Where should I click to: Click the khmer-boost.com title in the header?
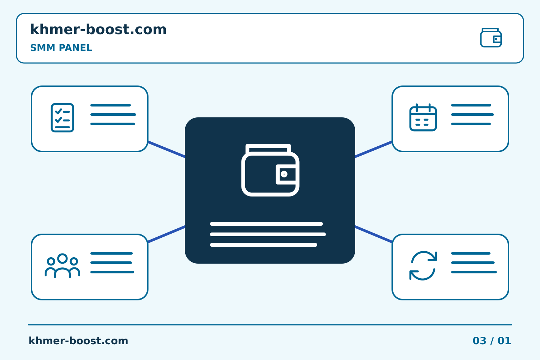[x=98, y=29]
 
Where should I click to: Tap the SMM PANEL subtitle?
[x=61, y=48]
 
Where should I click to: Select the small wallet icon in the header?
[x=491, y=37]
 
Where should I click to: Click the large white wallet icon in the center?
[x=270, y=170]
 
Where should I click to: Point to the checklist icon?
[x=62, y=118]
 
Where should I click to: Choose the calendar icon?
[x=423, y=117]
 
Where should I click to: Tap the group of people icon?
[x=62, y=266]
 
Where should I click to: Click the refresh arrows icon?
[x=423, y=265]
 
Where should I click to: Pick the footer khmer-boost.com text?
[x=78, y=341]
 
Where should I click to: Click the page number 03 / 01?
[x=492, y=341]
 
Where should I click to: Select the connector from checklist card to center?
[x=166, y=150]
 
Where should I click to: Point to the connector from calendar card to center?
[x=373, y=150]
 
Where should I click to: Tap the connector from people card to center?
[x=166, y=234]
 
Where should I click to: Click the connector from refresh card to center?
[x=373, y=234]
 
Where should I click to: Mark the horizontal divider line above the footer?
[x=270, y=325]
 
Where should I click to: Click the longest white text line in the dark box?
[x=268, y=234]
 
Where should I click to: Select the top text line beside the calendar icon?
[x=471, y=105]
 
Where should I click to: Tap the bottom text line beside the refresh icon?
[x=474, y=272]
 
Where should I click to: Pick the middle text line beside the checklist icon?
[x=113, y=114]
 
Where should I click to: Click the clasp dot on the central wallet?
[x=284, y=174]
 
